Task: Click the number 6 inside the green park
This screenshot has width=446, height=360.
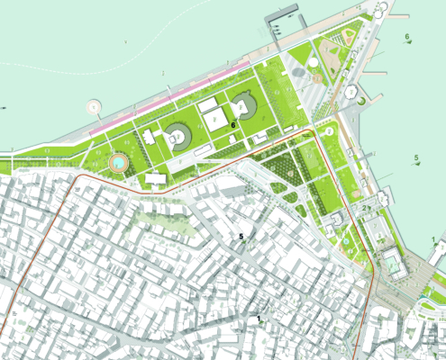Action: pyautogui.click(x=232, y=125)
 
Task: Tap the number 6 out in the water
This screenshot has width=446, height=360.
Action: pyautogui.click(x=407, y=37)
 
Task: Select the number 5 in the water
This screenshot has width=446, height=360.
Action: pyautogui.click(x=415, y=158)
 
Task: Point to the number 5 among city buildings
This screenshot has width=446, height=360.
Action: pyautogui.click(x=241, y=237)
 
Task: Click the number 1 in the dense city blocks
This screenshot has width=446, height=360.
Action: pyautogui.click(x=259, y=319)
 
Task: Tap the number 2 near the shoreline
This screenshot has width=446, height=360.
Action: pyautogui.click(x=364, y=209)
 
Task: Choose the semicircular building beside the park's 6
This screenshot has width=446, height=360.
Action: pyautogui.click(x=243, y=106)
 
